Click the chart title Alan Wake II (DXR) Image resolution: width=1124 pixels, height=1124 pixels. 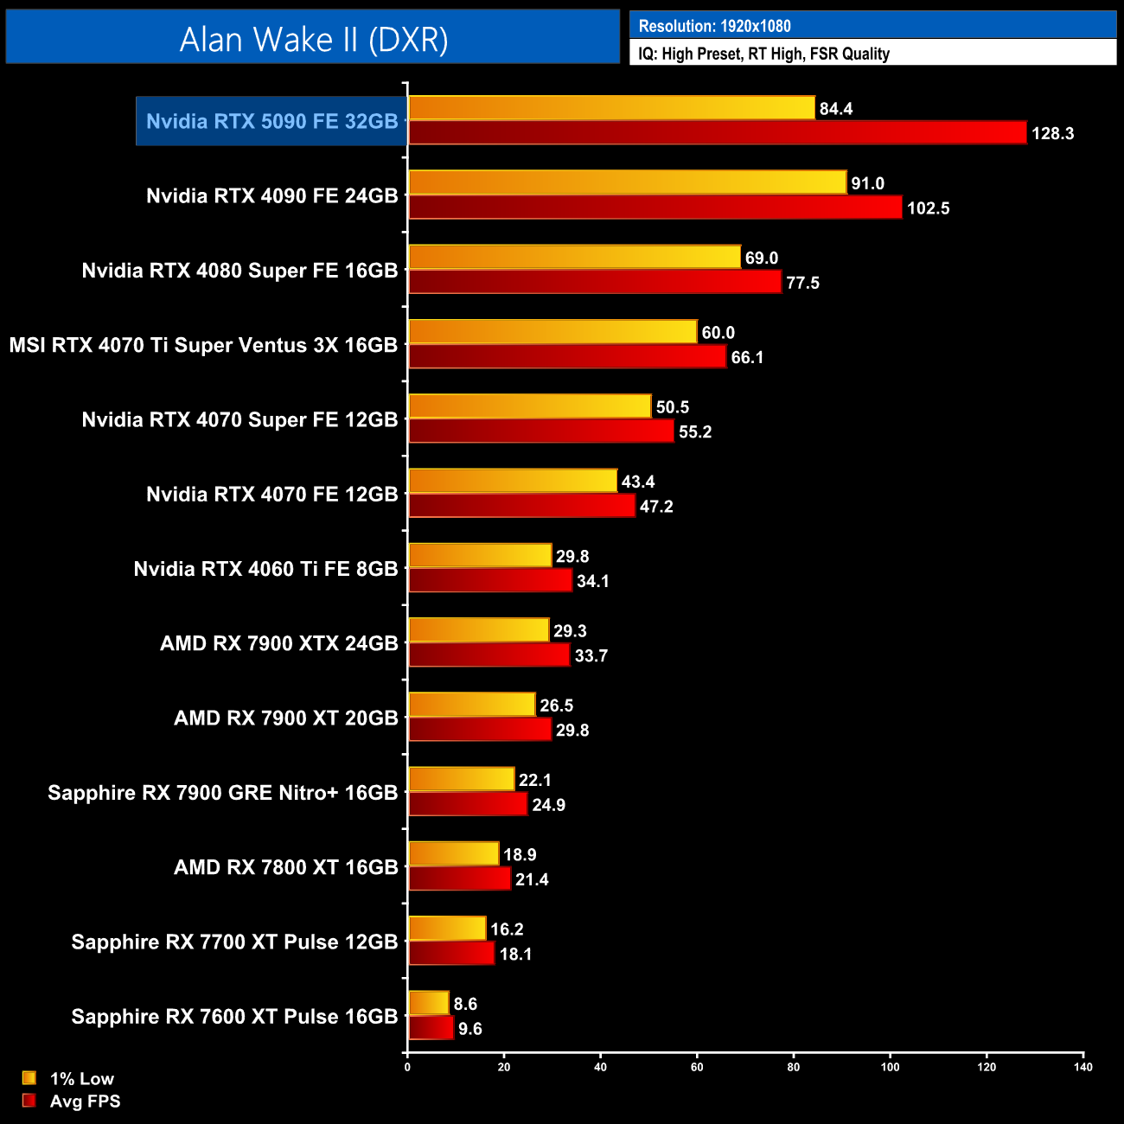(313, 39)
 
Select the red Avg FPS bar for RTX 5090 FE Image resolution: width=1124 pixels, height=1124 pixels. (717, 133)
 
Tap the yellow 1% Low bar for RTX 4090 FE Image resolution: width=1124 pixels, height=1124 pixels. (627, 182)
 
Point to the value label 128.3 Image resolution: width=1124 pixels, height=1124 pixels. (1052, 134)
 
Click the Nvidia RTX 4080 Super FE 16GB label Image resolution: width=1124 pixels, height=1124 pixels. (239, 271)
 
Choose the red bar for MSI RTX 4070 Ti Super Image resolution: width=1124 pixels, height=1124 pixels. (567, 357)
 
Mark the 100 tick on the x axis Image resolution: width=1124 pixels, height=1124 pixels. (890, 1066)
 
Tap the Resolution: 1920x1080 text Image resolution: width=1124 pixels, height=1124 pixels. (714, 26)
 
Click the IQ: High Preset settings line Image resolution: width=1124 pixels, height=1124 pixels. (763, 54)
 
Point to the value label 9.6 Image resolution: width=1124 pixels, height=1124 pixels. (469, 1029)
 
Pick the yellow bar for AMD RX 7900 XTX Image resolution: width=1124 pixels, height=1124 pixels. (478, 630)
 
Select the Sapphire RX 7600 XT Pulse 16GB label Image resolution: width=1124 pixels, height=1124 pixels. (234, 1017)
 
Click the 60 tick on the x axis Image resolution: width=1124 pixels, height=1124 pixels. (697, 1066)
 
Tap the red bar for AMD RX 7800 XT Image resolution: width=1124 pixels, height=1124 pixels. (459, 879)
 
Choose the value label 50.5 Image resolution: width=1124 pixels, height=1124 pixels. (672, 407)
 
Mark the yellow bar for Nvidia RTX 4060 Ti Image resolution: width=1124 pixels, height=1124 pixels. (480, 556)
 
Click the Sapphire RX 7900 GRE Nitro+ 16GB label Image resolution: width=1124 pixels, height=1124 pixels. (222, 793)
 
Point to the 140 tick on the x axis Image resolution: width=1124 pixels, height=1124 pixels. (1082, 1066)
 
